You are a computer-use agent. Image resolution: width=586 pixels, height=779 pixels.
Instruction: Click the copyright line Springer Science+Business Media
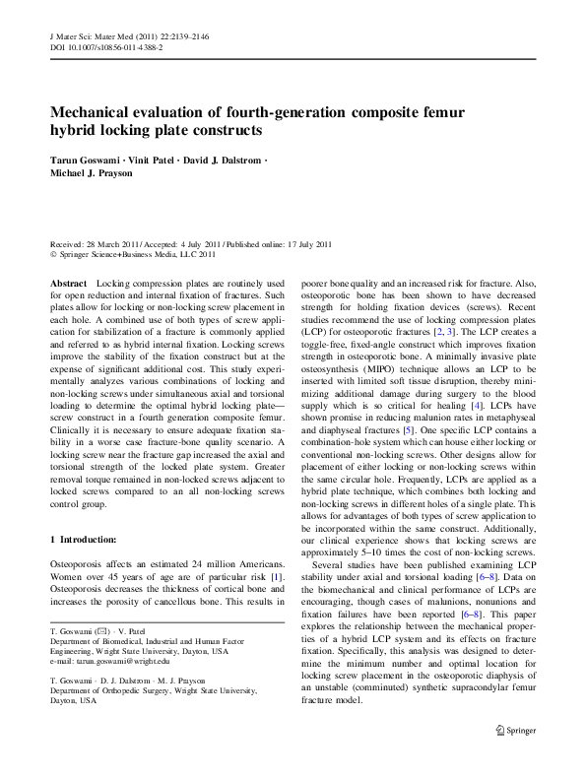point(136,254)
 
